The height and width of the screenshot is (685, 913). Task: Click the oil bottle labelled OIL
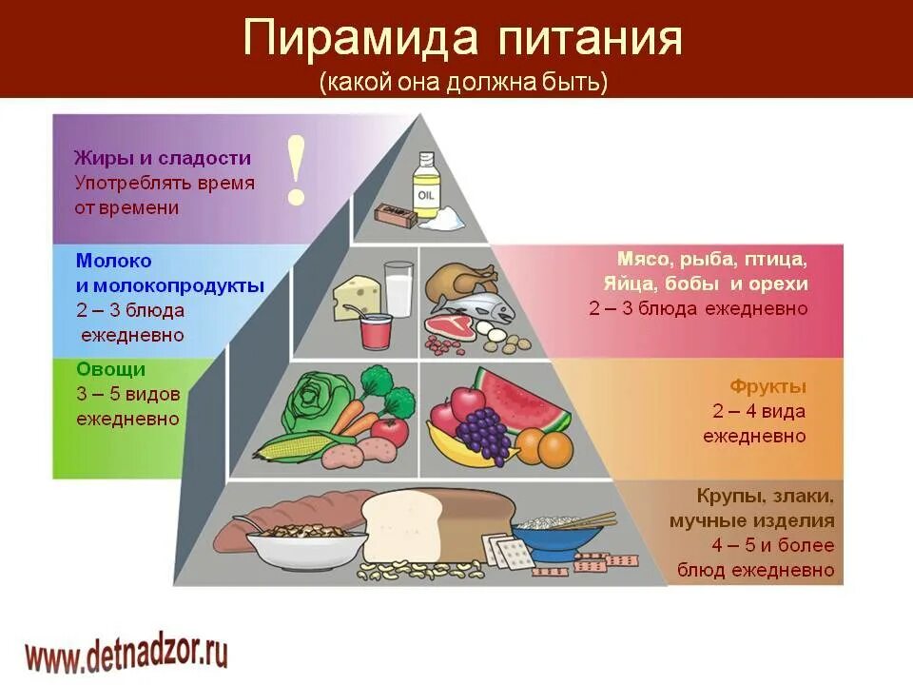(x=427, y=187)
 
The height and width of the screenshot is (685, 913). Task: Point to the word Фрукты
(x=767, y=386)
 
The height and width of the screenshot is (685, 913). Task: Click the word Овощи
(x=110, y=368)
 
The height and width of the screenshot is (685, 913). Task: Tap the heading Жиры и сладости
(x=162, y=158)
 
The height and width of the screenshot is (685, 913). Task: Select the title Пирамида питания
(x=462, y=39)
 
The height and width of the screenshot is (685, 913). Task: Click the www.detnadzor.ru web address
(x=126, y=655)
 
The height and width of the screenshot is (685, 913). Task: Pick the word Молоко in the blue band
(x=113, y=260)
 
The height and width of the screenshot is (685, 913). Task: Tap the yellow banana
(x=460, y=450)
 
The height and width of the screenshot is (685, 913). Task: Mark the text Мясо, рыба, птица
(x=711, y=259)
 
